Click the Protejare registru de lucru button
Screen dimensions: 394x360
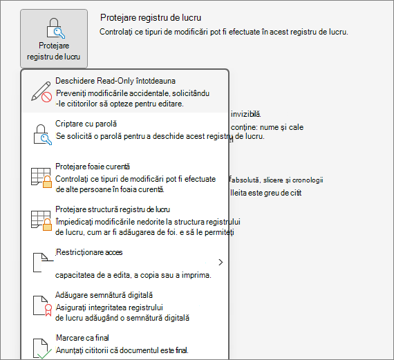point(54,39)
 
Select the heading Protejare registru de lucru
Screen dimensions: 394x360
point(151,18)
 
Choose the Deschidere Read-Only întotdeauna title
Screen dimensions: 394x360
point(115,81)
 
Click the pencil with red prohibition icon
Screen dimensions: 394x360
point(41,92)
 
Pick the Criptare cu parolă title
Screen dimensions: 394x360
point(86,124)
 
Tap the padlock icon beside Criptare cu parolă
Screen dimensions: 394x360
point(42,135)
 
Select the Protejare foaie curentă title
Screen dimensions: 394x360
point(93,167)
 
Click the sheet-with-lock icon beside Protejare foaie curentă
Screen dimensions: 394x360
point(41,178)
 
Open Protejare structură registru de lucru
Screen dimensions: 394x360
point(113,209)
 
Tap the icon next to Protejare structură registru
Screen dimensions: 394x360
point(41,220)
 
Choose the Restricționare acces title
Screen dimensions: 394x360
point(89,252)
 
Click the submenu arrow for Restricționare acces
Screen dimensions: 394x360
point(221,263)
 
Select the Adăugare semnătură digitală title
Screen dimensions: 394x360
point(104,295)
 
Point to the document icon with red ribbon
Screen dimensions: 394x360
point(42,305)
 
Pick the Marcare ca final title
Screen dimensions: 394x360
point(82,338)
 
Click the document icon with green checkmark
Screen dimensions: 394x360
point(42,348)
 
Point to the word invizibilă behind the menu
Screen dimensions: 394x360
point(246,114)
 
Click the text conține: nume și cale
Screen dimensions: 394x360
point(267,127)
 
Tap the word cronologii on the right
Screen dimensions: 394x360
point(308,180)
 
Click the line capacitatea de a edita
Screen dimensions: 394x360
point(133,275)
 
